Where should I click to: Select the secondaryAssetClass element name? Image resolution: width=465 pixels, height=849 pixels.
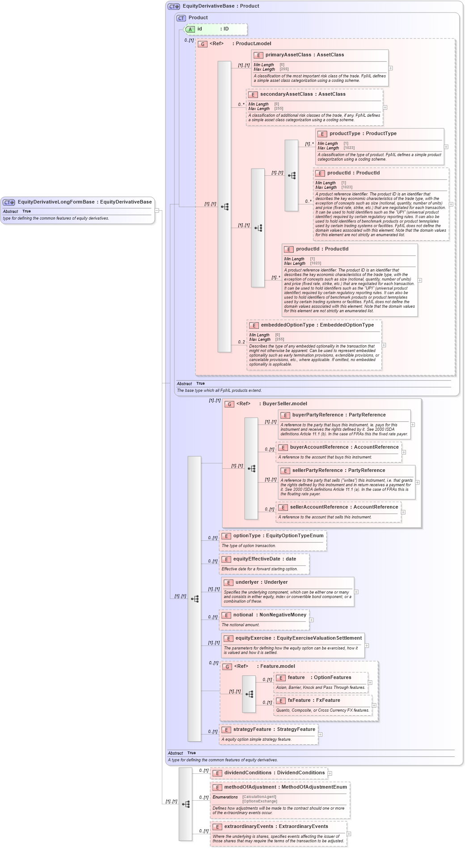[286, 94]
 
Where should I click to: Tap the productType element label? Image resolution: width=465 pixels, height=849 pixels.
[344, 134]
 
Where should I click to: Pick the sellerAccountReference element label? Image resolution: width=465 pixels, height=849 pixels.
[319, 507]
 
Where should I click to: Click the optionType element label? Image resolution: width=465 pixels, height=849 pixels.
[247, 536]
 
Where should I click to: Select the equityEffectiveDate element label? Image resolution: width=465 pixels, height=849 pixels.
[257, 559]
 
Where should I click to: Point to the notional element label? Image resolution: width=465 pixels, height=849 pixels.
[243, 615]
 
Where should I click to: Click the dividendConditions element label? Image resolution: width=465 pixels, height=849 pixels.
[248, 773]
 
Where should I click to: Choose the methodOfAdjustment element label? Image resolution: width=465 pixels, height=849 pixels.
[250, 787]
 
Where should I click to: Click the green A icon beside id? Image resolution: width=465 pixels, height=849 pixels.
[190, 30]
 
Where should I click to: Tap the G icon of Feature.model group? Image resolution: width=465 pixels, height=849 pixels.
[227, 667]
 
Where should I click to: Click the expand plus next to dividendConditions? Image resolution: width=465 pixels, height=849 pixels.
[330, 773]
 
